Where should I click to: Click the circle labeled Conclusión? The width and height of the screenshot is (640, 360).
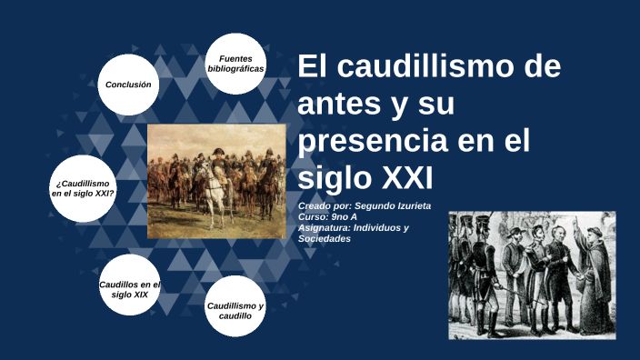[x=128, y=85]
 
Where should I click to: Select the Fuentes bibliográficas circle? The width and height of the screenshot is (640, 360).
[x=235, y=64]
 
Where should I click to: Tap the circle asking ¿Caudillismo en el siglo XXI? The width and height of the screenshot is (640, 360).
[x=83, y=188]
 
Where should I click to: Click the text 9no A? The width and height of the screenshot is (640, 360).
[x=346, y=216]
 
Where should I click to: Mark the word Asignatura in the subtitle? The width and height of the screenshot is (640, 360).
[x=325, y=227]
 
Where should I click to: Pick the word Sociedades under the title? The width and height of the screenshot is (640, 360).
[x=325, y=238]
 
